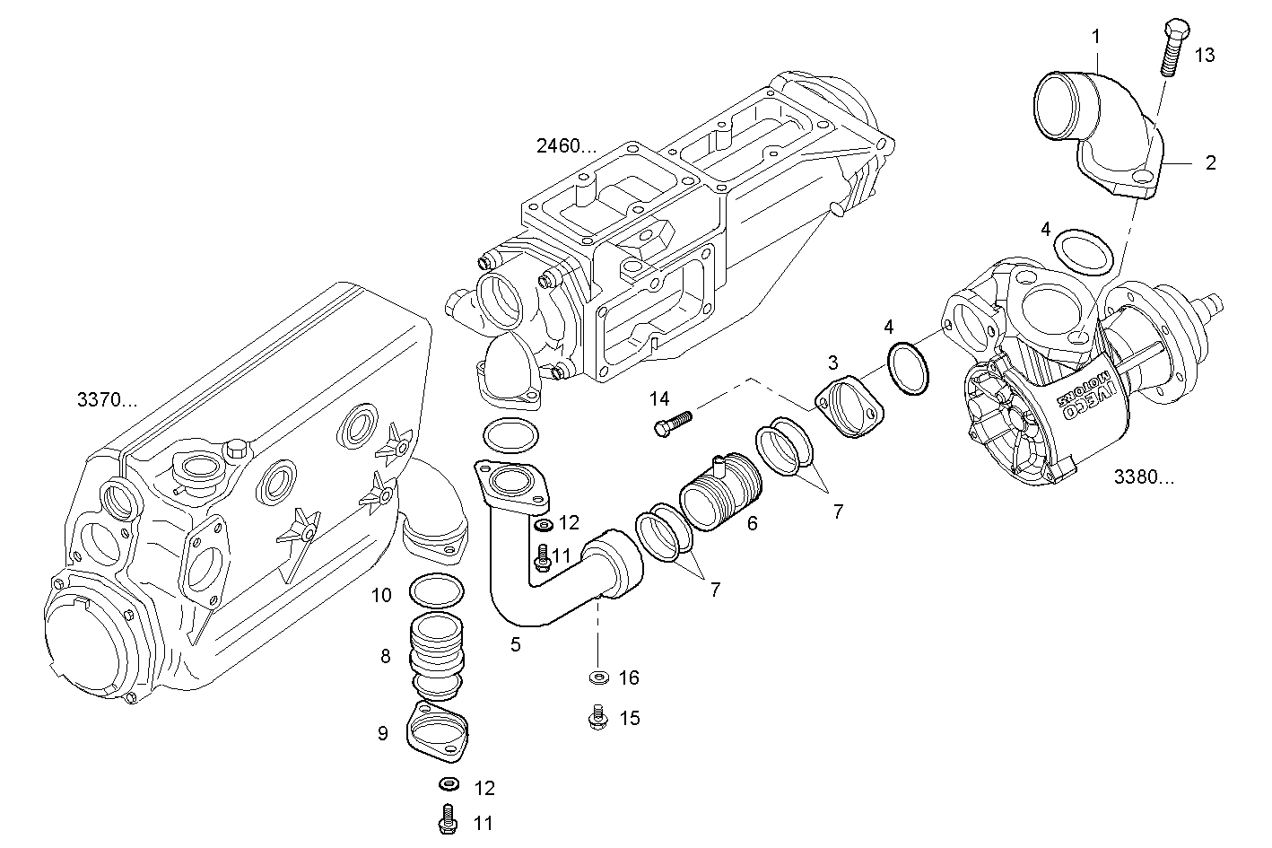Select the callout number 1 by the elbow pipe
click(x=1095, y=37)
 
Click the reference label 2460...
click(x=565, y=145)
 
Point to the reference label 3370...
click(x=108, y=400)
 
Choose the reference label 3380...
click(x=1143, y=477)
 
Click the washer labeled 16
click(x=597, y=678)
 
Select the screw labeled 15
click(x=597, y=717)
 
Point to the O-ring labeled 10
click(x=436, y=591)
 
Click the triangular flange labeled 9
click(x=437, y=730)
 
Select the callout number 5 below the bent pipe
click(x=515, y=644)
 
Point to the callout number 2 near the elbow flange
click(x=1210, y=163)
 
